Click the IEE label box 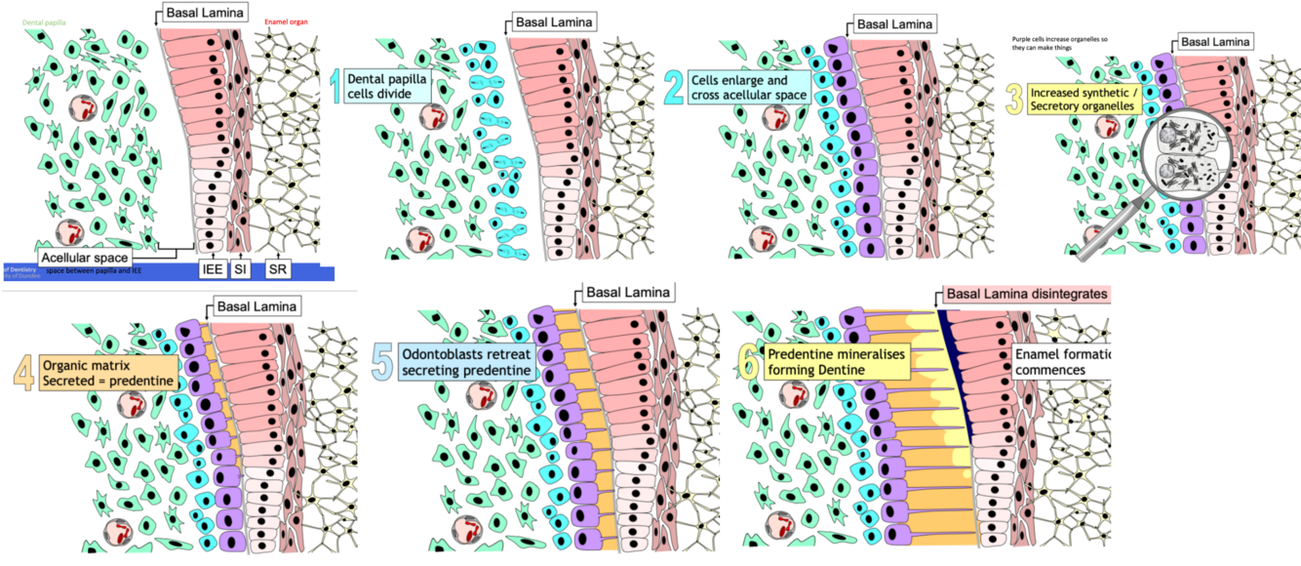pos(211,267)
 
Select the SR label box pos(279,267)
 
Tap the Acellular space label pos(85,257)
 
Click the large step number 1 pos(335,87)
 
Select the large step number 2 pos(674,87)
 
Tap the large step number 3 pos(1015,98)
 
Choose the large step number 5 pos(383,360)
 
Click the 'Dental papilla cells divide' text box pos(388,86)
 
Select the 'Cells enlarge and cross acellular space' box pos(748,86)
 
